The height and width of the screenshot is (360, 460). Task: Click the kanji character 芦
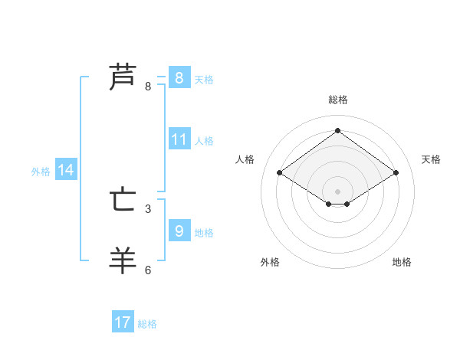123,77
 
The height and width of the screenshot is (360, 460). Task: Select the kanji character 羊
123,260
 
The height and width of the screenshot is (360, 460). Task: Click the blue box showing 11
179,139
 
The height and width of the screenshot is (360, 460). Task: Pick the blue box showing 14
66,171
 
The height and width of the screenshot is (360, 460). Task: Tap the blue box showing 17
122,322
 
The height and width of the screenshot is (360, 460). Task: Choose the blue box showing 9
179,231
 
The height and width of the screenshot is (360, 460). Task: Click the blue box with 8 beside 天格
179,78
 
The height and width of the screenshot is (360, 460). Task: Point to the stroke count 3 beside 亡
148,208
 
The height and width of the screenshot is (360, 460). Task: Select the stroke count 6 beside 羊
148,270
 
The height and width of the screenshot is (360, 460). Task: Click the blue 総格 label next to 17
147,324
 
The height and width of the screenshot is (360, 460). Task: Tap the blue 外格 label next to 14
41,172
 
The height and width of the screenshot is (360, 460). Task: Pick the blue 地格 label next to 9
204,232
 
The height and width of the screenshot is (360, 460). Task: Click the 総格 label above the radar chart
337,100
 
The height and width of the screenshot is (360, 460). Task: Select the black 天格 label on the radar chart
431,159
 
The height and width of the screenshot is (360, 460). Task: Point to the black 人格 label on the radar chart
245,159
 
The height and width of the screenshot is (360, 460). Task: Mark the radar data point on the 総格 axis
337,130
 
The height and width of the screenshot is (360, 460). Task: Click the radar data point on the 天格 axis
396,173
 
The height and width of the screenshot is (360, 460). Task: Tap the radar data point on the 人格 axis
280,173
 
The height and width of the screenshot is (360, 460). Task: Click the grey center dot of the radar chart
337,190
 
